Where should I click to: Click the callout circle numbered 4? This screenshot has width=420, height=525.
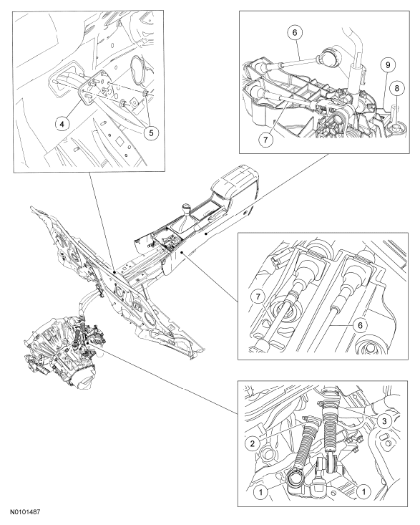(x=62, y=124)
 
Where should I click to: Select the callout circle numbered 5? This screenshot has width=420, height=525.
(x=151, y=133)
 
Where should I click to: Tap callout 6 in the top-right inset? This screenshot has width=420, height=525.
(x=295, y=32)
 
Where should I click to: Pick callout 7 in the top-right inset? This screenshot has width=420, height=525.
(x=265, y=140)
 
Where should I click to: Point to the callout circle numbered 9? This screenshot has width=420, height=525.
(x=388, y=64)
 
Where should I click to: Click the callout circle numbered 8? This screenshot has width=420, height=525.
(x=397, y=88)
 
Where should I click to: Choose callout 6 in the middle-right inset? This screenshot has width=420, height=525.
(x=360, y=324)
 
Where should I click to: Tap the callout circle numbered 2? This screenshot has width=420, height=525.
(x=253, y=443)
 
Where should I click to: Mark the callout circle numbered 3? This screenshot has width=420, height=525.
(x=384, y=421)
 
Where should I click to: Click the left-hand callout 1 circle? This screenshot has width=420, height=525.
(x=261, y=492)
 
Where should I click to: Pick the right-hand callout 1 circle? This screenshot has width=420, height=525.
(x=364, y=491)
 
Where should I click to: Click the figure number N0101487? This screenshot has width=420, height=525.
(x=25, y=512)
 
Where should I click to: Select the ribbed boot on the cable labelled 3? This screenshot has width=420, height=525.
(x=331, y=431)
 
